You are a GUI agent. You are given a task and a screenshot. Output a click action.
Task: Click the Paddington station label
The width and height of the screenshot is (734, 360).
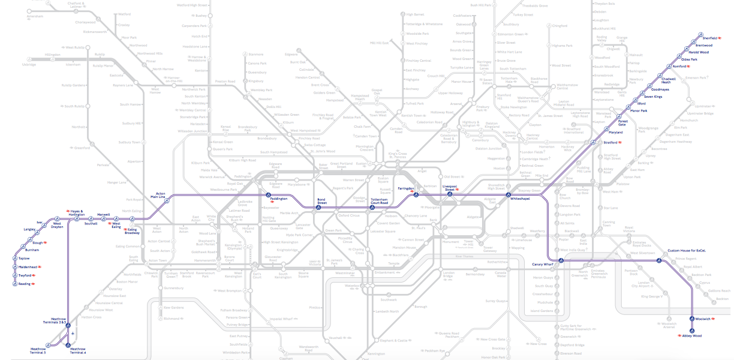click(279, 199)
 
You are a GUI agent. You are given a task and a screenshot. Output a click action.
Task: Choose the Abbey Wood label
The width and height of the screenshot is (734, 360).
click(692, 336)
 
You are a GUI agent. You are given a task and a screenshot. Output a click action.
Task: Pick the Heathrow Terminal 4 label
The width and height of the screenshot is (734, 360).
click(78, 351)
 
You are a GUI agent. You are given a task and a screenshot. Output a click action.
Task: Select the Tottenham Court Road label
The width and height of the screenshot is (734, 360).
click(380, 201)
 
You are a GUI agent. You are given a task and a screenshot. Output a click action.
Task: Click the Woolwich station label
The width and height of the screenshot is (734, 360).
click(704, 318)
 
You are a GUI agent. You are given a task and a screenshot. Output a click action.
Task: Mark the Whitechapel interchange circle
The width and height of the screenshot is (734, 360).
click(508, 195)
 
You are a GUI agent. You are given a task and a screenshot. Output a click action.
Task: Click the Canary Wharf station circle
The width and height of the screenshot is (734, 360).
click(561, 260)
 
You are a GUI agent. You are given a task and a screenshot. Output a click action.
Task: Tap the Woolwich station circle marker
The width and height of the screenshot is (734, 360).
click(692, 318)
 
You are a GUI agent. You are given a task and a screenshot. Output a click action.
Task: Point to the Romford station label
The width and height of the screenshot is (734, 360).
click(679, 66)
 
